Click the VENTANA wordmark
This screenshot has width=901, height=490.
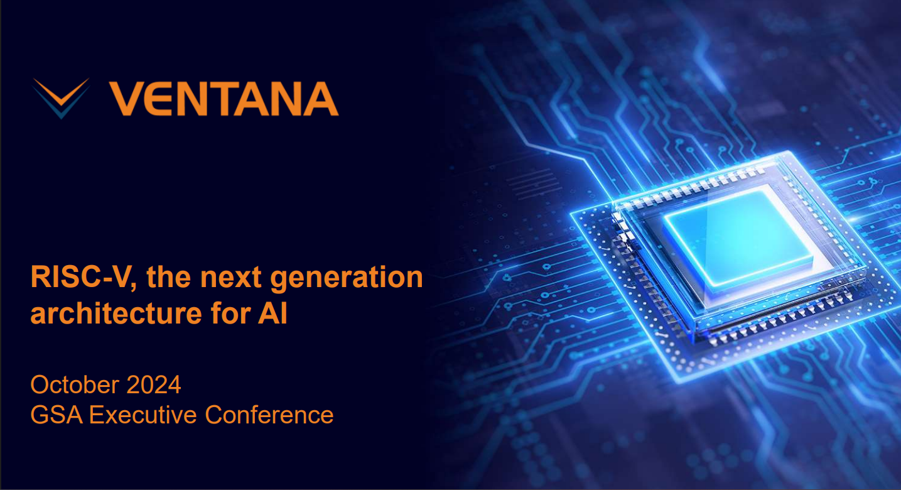tap(224, 99)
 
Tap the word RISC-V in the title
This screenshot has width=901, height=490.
tap(81, 277)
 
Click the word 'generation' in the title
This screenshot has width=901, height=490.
tap(347, 279)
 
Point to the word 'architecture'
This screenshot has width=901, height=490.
tap(116, 313)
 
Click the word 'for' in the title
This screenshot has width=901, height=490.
tap(230, 313)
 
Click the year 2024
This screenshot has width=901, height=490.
tap(154, 384)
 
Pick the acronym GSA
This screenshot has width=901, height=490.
tap(57, 415)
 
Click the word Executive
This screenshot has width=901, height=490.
tap(143, 415)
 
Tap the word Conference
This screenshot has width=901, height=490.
tap(269, 415)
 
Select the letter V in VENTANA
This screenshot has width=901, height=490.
tap(125, 99)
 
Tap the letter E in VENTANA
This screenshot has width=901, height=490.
tap(156, 99)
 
